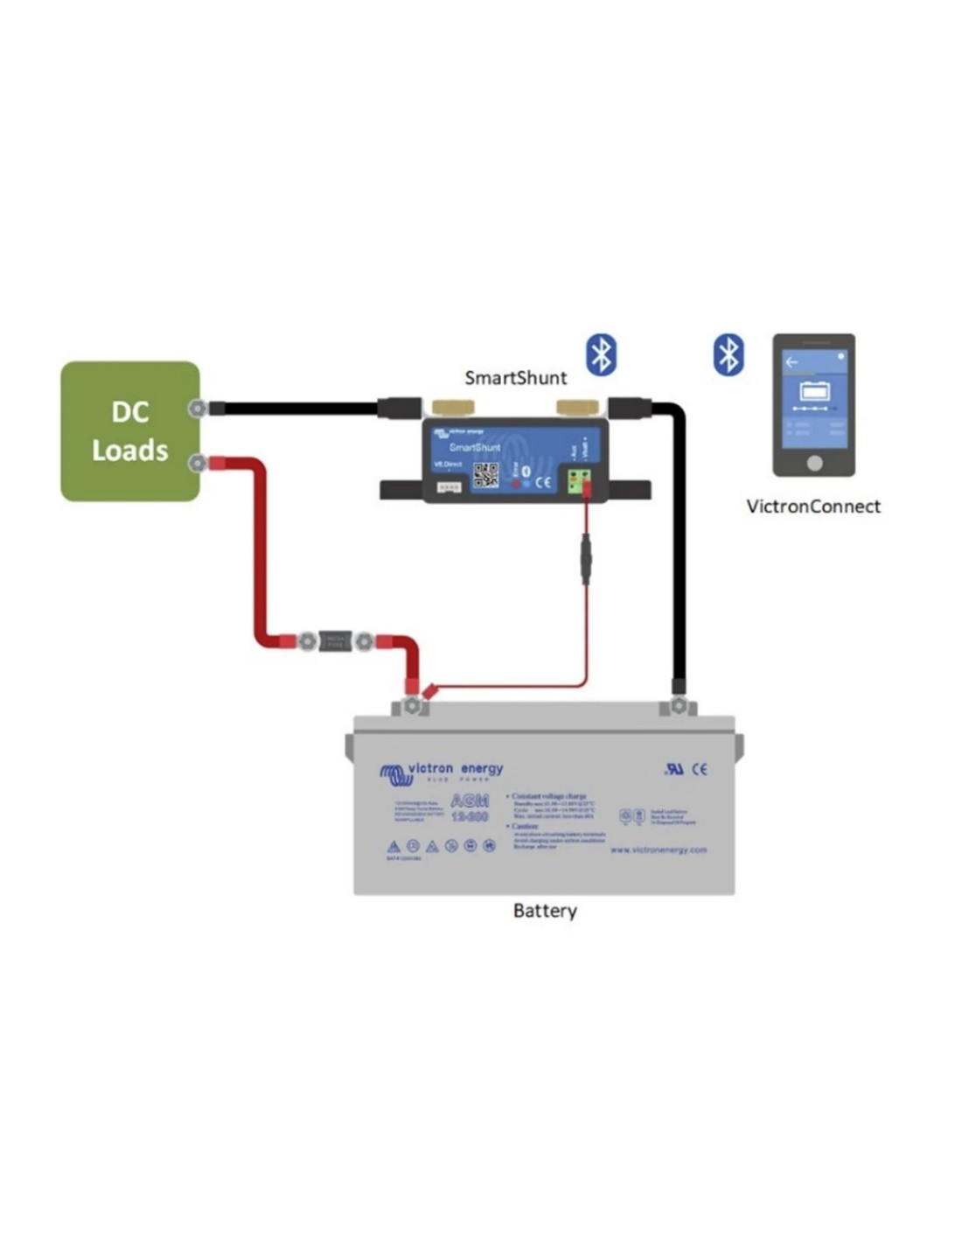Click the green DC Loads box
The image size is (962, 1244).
tap(129, 430)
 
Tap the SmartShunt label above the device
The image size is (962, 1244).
tap(515, 378)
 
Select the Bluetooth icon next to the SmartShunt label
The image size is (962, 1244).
tap(601, 355)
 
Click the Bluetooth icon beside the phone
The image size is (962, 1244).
tap(728, 355)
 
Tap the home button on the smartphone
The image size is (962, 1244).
tap(813, 462)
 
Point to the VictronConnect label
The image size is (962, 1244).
tap(812, 507)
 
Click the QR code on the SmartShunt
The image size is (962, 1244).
tap(485, 475)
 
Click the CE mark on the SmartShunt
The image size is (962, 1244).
tap(543, 481)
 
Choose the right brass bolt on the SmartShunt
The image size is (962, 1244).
tap(578, 407)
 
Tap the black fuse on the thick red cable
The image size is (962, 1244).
tap(335, 642)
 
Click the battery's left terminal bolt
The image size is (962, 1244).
tap(411, 705)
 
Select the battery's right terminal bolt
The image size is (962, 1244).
tap(678, 705)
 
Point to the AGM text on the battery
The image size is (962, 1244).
tap(469, 800)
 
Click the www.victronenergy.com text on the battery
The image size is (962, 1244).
tap(658, 849)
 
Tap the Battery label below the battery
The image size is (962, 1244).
tap(545, 911)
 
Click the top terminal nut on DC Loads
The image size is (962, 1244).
tap(199, 408)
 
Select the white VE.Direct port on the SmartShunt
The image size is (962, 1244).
tap(449, 486)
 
